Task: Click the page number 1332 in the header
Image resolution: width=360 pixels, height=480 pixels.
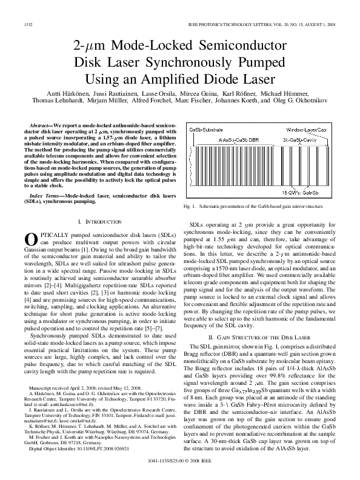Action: [27, 24]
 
